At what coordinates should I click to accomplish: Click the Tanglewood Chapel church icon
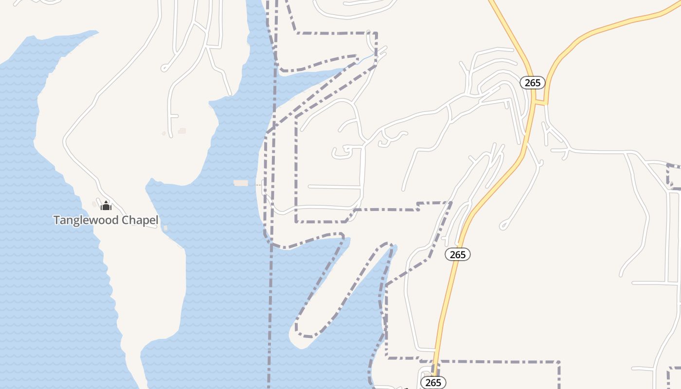tap(106, 206)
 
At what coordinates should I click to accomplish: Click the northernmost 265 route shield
tap(533, 83)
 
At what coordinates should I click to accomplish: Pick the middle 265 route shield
tap(458, 254)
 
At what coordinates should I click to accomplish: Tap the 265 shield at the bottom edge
tap(433, 383)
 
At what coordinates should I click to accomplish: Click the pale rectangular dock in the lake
tap(241, 183)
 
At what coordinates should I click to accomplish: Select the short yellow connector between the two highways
tap(540, 103)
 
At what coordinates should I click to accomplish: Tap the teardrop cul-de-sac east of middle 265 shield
tap(504, 226)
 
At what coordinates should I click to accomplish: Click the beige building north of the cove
tap(182, 130)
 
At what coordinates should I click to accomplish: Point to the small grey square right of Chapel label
tap(166, 228)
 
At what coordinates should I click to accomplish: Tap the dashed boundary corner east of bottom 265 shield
tap(559, 362)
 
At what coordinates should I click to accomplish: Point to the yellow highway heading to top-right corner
tap(632, 20)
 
